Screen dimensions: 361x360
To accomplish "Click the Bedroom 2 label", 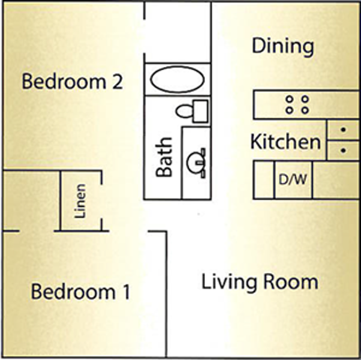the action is (72, 81).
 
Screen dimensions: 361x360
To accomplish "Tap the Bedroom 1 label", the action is (80, 291).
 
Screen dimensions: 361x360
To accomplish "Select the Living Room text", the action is (260, 282).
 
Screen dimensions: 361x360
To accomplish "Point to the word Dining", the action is (282, 47).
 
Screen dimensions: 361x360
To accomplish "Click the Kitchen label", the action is (285, 142).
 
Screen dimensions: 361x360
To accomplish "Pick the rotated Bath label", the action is (164, 157).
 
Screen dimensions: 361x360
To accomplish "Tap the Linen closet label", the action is (80, 201).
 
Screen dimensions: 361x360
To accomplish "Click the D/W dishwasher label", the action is (293, 179).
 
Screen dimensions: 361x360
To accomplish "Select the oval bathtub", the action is (178, 79).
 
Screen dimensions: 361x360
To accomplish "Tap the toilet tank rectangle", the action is (200, 111).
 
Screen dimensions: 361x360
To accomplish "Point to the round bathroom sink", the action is (195, 163).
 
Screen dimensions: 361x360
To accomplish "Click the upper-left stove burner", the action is (290, 99).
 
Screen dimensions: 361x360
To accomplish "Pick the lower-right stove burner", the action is (305, 110).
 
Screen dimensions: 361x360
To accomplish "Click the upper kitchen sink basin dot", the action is (343, 130).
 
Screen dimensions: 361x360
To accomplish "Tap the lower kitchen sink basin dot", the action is (343, 151).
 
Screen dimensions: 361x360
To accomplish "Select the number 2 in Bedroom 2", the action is (118, 82).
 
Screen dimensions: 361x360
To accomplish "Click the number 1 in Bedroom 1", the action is (127, 292).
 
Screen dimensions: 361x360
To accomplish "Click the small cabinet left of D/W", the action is (264, 180).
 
